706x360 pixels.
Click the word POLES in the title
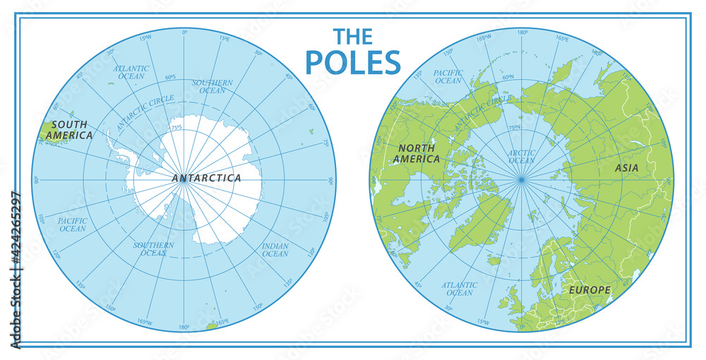click(353, 62)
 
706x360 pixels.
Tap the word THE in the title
click(353, 36)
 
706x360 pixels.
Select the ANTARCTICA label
click(206, 178)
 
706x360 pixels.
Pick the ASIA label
click(626, 168)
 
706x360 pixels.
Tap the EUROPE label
click(590, 290)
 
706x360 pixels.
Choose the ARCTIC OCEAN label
click(521, 156)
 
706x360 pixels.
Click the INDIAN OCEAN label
click(275, 249)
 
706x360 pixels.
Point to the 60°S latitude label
click(170, 77)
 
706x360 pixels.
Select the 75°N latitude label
click(513, 128)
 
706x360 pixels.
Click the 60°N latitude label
click(508, 77)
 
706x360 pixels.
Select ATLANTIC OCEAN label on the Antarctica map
click(131, 72)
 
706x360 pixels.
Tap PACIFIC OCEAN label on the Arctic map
click(448, 76)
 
